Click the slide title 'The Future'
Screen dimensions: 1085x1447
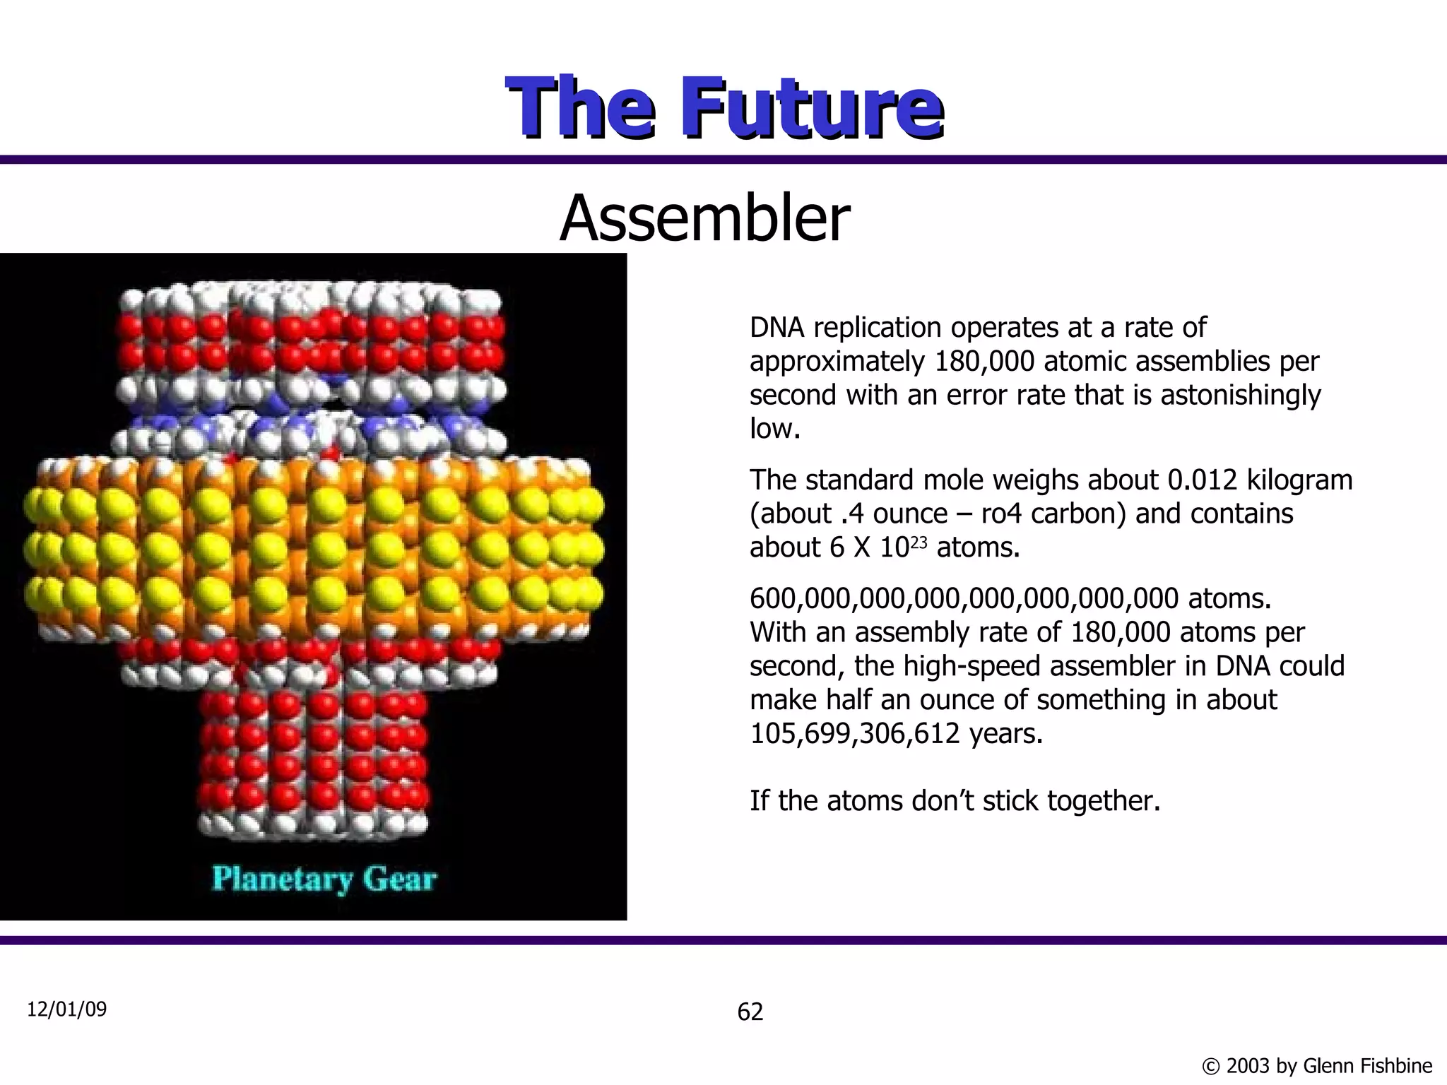click(x=724, y=107)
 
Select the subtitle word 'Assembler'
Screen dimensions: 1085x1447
click(x=704, y=218)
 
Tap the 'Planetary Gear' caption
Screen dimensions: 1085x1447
click(x=324, y=879)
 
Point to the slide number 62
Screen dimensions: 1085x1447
click(x=750, y=1012)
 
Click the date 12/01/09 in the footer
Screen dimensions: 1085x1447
click(x=66, y=1009)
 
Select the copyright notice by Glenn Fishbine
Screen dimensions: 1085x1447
click(x=1316, y=1065)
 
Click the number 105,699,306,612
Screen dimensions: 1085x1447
click(x=854, y=734)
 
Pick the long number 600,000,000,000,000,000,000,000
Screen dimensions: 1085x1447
click(x=964, y=599)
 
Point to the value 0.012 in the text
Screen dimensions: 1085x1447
click(x=1203, y=480)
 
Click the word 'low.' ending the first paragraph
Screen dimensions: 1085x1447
click(x=775, y=429)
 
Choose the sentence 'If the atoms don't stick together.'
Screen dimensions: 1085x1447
click(x=955, y=801)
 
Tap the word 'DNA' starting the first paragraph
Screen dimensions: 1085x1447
click(x=775, y=328)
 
